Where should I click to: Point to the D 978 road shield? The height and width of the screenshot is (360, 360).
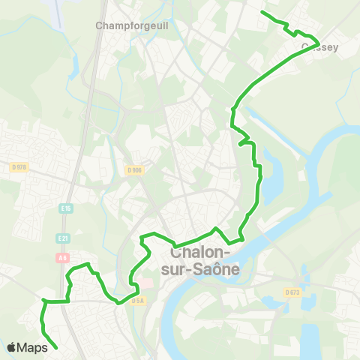point(19,167)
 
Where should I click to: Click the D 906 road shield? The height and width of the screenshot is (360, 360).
point(134,170)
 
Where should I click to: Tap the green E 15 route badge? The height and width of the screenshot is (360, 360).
point(67,208)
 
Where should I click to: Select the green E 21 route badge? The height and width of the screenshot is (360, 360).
point(63,238)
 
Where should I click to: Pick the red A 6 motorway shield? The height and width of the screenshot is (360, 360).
point(63,255)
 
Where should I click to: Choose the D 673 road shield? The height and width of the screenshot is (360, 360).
point(292,292)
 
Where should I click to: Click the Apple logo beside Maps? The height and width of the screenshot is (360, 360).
point(12,347)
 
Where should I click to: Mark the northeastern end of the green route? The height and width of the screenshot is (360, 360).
point(261,12)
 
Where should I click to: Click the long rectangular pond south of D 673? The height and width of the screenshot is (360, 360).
point(309,337)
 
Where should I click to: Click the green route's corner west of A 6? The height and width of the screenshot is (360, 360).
point(43,301)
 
